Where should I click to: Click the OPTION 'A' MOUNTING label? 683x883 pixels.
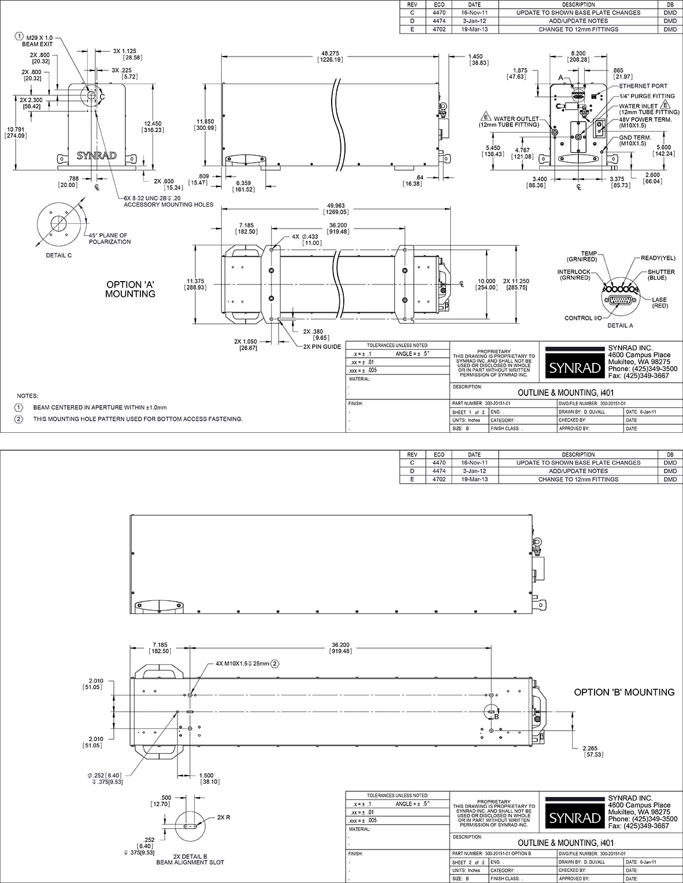coord(130,289)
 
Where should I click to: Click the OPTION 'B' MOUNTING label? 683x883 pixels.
coord(623,692)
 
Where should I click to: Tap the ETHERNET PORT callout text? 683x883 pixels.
coord(643,86)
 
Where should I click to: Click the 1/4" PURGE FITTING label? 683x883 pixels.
coord(647,96)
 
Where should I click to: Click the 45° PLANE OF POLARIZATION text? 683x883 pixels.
coord(109,238)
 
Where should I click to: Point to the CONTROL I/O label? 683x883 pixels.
coord(583,318)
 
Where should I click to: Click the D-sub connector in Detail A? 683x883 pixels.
coord(618,300)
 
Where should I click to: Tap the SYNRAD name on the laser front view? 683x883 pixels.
coord(96,155)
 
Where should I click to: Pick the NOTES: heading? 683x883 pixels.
coord(27,396)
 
